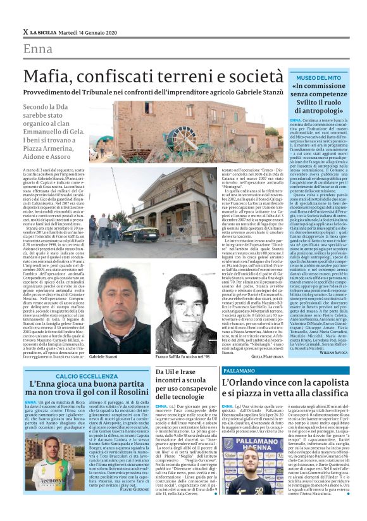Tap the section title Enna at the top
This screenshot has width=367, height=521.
pyautogui.click(x=38, y=49)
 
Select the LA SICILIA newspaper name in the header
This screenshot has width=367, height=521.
pyautogui.click(x=45, y=32)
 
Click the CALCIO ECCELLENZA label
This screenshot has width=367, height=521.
pyautogui.click(x=71, y=376)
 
